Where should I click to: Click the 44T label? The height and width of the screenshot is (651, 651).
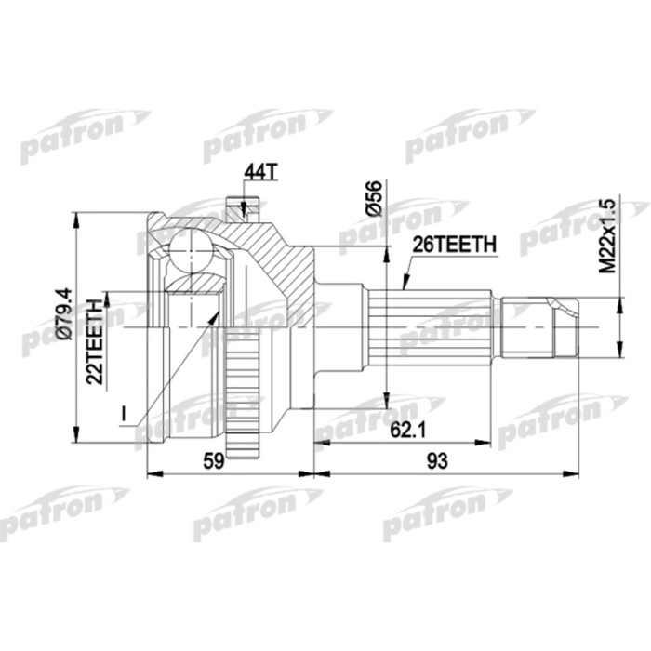coord(258,172)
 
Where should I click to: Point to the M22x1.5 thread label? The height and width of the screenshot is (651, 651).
coord(608,235)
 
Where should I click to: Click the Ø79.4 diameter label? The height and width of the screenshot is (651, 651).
coord(62,319)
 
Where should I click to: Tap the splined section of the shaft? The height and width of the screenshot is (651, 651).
coord(428,327)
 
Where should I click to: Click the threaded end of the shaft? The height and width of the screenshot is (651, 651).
coord(563,327)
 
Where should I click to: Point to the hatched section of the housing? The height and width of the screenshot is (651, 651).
coord(288,270)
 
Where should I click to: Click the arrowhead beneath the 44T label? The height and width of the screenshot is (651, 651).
coord(243,210)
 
